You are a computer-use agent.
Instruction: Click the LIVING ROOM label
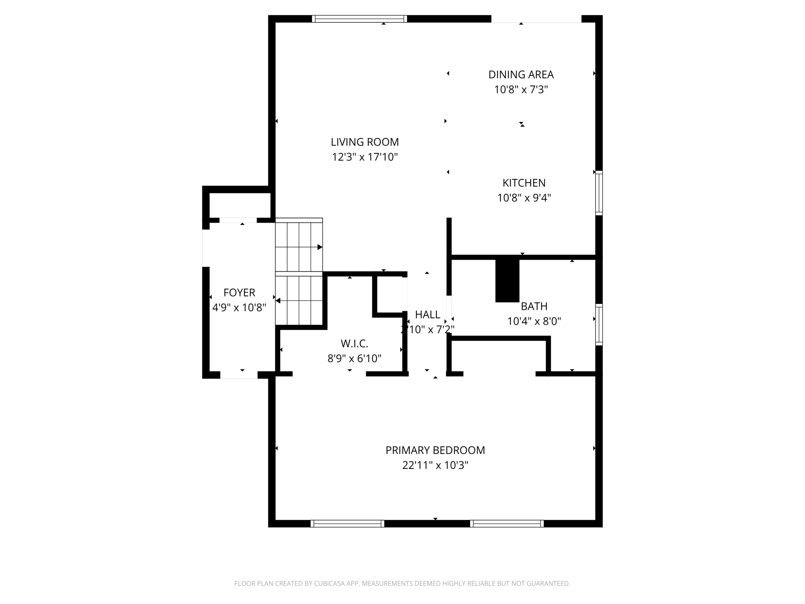click(x=365, y=142)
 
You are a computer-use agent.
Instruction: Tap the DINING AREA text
click(x=521, y=74)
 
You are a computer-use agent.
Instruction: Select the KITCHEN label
click(x=524, y=183)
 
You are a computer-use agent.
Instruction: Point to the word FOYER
click(x=239, y=292)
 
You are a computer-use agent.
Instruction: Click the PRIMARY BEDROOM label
click(x=435, y=450)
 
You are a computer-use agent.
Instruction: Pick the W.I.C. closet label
click(x=354, y=343)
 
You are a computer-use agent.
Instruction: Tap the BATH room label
click(x=534, y=306)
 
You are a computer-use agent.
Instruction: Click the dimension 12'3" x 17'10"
click(x=365, y=157)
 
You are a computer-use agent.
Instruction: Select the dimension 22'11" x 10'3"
click(x=435, y=465)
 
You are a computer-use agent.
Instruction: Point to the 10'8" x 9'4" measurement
click(x=524, y=198)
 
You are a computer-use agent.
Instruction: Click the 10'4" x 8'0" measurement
click(x=534, y=321)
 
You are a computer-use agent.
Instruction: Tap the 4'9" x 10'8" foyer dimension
click(x=239, y=307)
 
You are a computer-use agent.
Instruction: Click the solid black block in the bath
click(x=507, y=280)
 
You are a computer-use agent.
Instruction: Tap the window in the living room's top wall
click(x=360, y=19)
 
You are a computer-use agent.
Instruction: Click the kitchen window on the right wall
click(x=599, y=193)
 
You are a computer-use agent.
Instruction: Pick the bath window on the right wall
click(x=599, y=325)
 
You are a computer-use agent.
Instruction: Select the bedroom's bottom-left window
click(x=348, y=523)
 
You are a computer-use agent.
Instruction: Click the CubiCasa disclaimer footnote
click(x=402, y=583)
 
